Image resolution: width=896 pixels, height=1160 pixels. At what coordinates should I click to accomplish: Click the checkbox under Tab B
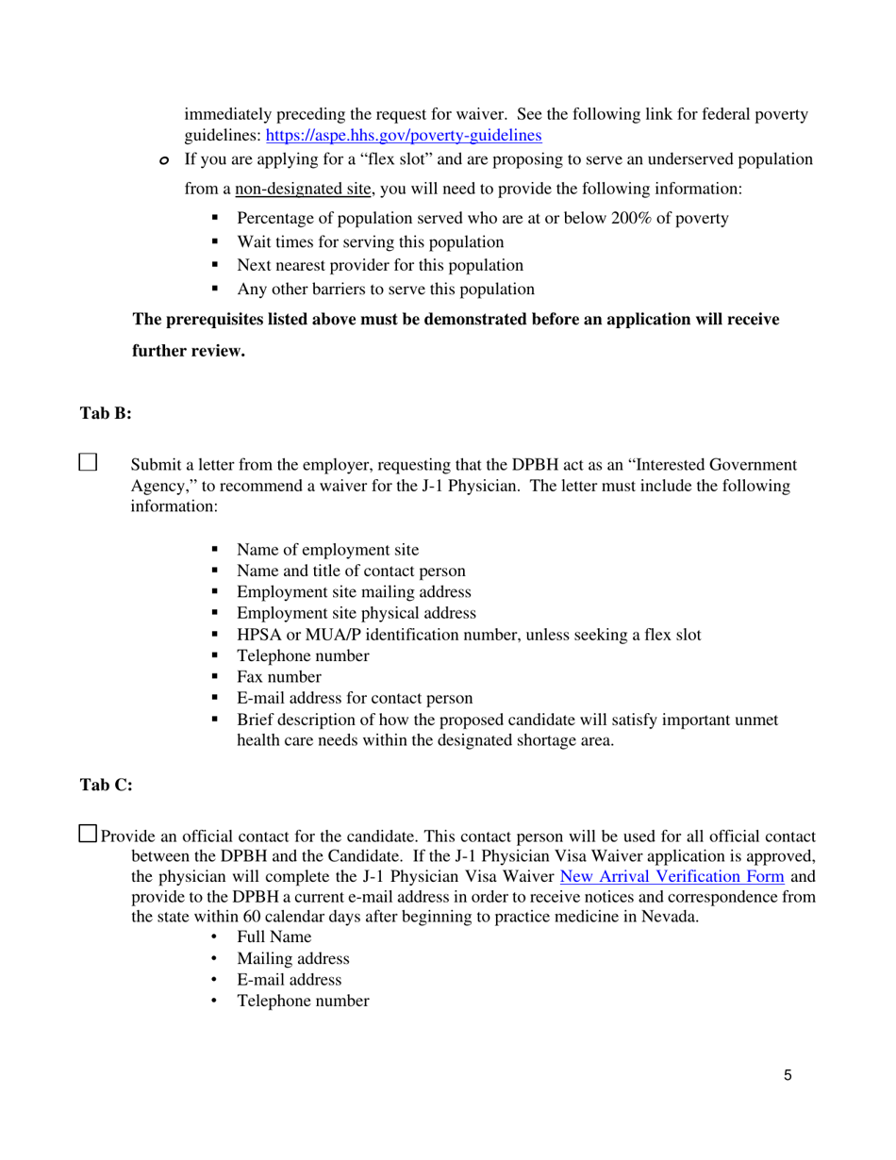[88, 461]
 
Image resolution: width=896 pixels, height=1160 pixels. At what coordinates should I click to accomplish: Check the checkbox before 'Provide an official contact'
[88, 833]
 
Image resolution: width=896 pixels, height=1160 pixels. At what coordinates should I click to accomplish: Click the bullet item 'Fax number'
[278, 677]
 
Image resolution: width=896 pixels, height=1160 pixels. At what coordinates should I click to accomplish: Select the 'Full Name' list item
[274, 937]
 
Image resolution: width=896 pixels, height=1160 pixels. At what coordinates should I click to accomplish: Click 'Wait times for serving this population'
[370, 242]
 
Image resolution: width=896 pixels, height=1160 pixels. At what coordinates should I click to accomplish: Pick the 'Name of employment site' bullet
[327, 550]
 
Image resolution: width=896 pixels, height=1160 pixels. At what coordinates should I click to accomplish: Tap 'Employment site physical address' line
[356, 613]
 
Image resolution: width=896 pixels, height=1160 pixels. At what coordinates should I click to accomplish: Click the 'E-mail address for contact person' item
[355, 699]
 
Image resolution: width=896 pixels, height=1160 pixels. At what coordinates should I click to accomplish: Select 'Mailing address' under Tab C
[292, 959]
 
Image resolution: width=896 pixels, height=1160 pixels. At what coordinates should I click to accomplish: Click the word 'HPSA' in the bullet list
[257, 635]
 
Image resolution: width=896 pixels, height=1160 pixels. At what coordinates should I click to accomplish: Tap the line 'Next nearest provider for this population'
[379, 266]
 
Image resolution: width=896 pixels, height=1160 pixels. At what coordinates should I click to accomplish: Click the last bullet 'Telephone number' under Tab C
[303, 1002]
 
